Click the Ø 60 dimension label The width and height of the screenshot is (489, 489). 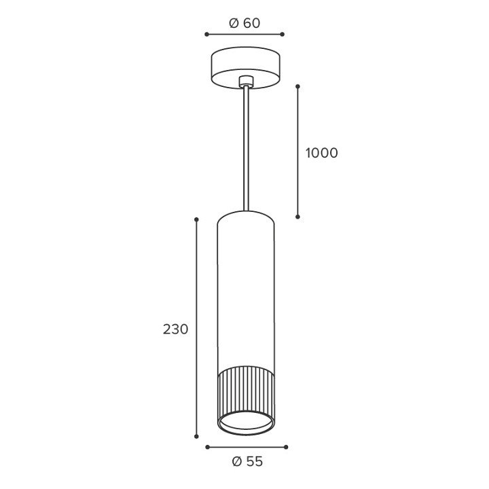point(244,23)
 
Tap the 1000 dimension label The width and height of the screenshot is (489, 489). point(321,153)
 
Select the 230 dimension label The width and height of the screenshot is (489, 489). point(176,329)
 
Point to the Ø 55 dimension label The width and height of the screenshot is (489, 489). point(248,462)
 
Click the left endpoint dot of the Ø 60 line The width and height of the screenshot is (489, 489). point(206,35)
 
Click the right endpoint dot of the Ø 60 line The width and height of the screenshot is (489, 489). point(283,35)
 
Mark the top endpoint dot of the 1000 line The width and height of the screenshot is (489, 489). point(298,86)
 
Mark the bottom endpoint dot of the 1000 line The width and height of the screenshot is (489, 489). point(298,217)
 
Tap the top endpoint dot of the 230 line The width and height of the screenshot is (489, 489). point(196,219)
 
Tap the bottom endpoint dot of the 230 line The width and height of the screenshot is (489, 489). point(196,437)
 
